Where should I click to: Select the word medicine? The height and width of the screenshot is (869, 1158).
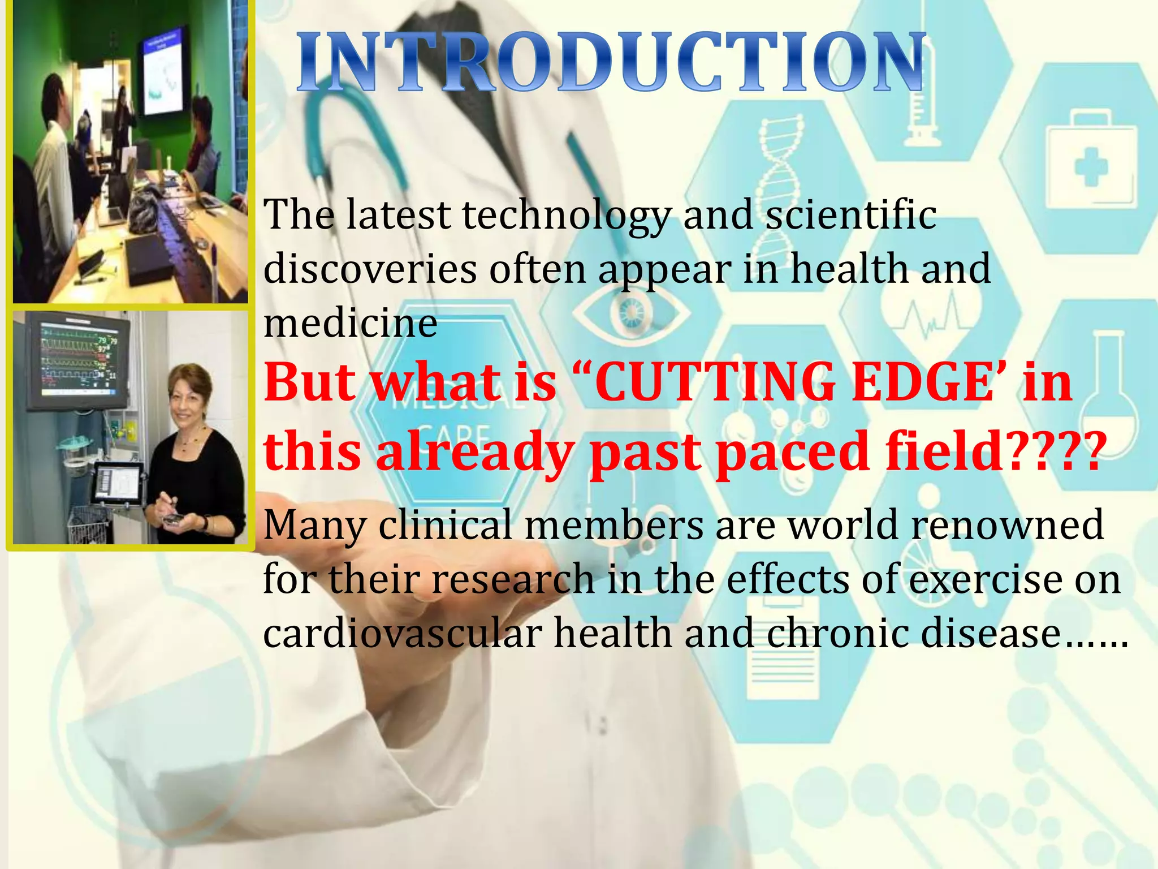coord(350,324)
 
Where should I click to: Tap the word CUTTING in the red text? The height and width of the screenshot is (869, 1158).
coord(715,383)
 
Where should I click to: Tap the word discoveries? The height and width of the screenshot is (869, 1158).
coord(370,269)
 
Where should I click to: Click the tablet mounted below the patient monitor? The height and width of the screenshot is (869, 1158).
coord(118,484)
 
